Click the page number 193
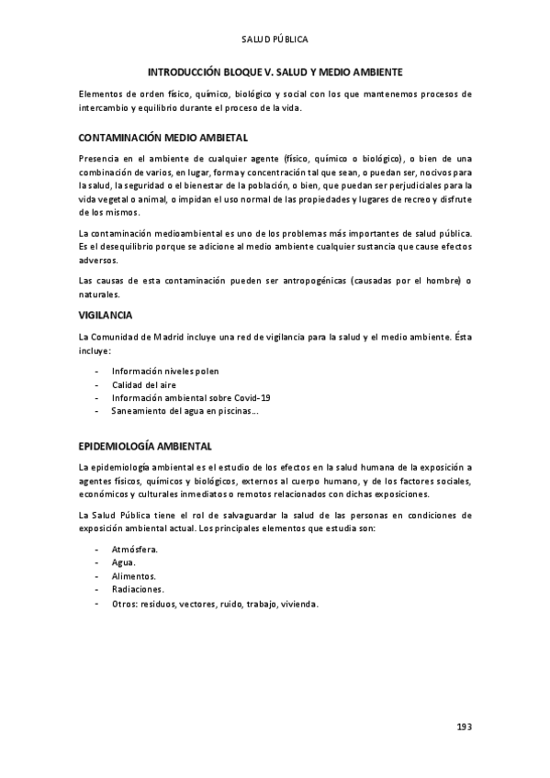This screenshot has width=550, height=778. [x=464, y=727]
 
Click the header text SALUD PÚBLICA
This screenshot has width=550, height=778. [x=275, y=40]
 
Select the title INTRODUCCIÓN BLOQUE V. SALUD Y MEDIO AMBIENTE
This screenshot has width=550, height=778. [x=275, y=71]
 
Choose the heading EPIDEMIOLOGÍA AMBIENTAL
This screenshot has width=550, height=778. [x=146, y=446]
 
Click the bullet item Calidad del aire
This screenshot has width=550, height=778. [x=144, y=384]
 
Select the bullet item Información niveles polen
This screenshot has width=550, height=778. [x=165, y=371]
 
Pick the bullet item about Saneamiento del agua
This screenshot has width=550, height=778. [x=185, y=411]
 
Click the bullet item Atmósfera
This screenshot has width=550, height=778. [x=135, y=549]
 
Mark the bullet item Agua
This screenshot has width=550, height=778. [x=124, y=562]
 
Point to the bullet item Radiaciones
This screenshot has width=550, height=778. [x=139, y=589]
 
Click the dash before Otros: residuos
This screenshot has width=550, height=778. [x=97, y=603]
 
